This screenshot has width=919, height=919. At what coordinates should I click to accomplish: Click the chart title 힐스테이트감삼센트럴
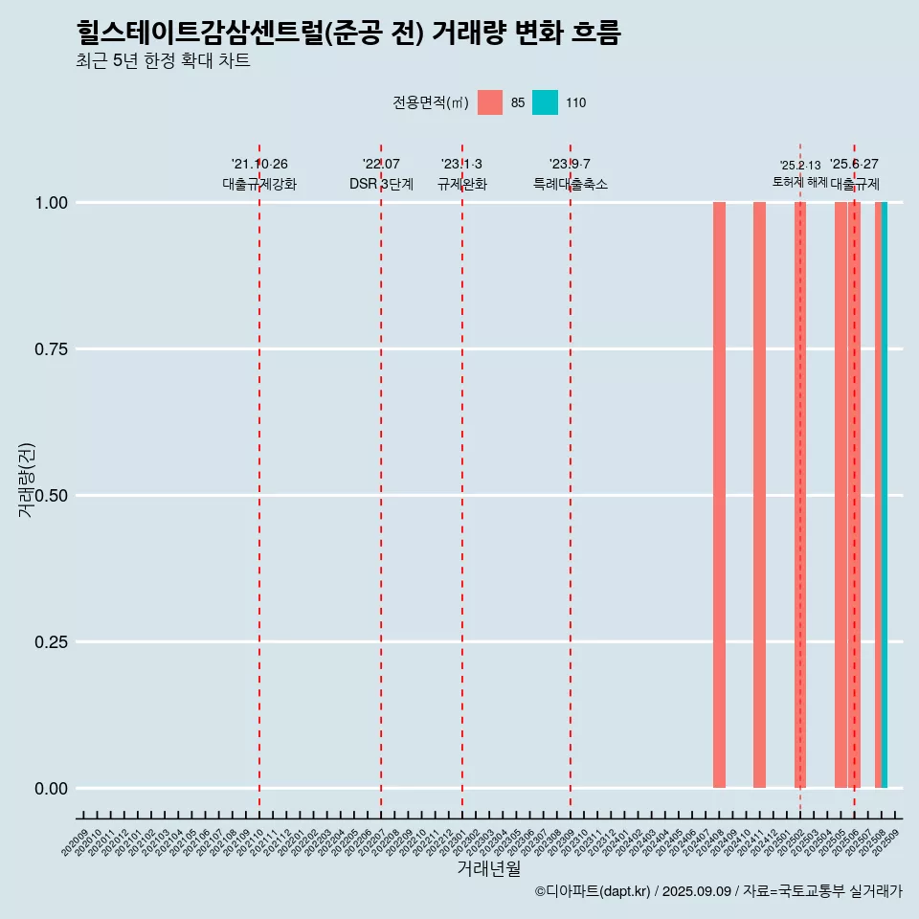pos(348,34)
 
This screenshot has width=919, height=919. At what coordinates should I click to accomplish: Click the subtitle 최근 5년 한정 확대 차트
pos(163,61)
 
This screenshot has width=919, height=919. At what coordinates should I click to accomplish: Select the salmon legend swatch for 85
pos(490,102)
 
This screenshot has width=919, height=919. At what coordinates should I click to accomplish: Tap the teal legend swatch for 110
pos(545,102)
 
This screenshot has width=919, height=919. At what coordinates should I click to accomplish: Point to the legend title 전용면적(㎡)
pos(430,102)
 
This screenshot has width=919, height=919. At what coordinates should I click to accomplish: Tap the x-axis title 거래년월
pos(489,868)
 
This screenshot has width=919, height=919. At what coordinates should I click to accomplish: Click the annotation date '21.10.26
pos(259,165)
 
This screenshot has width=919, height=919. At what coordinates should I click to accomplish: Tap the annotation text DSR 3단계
pos(381,184)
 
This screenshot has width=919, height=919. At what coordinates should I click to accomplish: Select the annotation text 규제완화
pos(462,184)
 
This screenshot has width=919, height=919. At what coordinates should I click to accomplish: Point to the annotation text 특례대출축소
pos(571,184)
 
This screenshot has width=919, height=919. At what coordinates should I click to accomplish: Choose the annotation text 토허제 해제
pos(799,182)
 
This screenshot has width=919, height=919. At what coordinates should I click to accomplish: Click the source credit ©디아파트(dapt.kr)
pos(593,891)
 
